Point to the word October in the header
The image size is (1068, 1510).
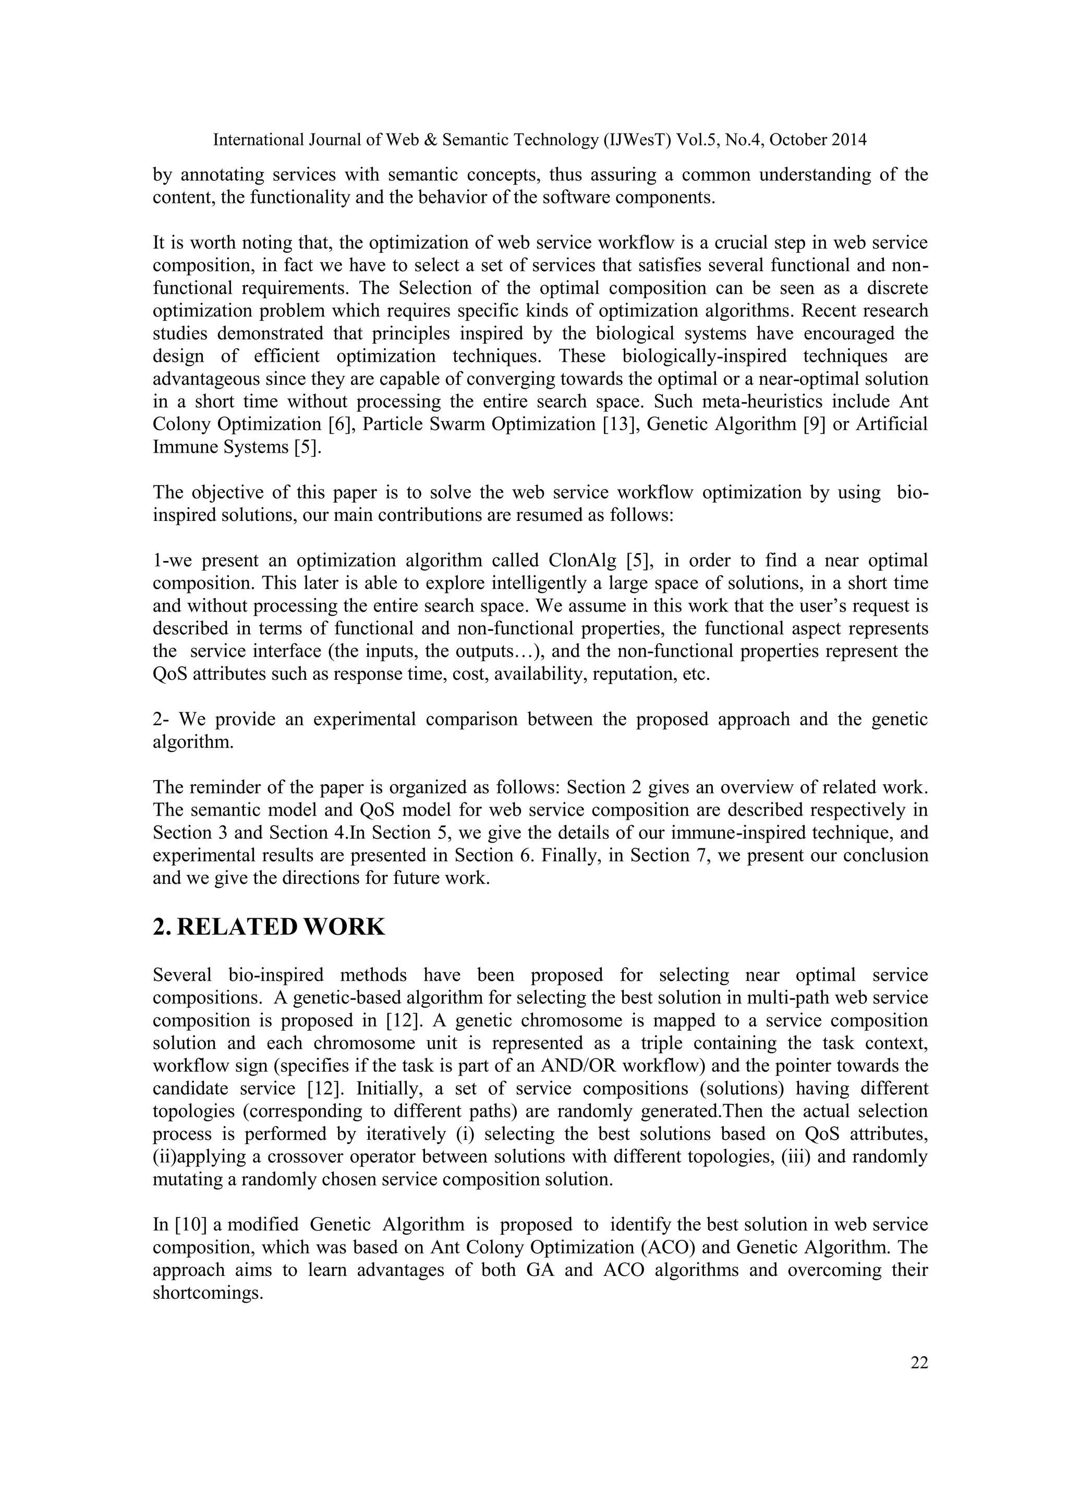point(798,140)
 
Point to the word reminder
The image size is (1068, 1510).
point(224,787)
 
